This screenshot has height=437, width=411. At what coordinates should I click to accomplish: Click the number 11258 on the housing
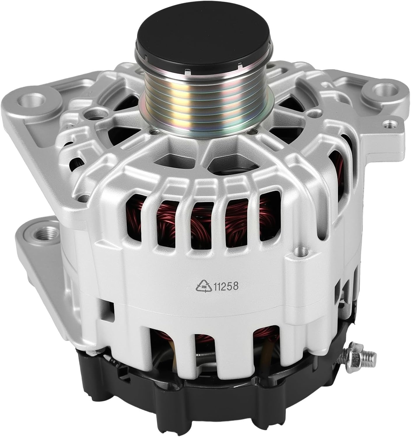coord(226,286)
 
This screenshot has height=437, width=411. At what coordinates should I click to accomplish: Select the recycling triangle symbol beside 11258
coord(203,287)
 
